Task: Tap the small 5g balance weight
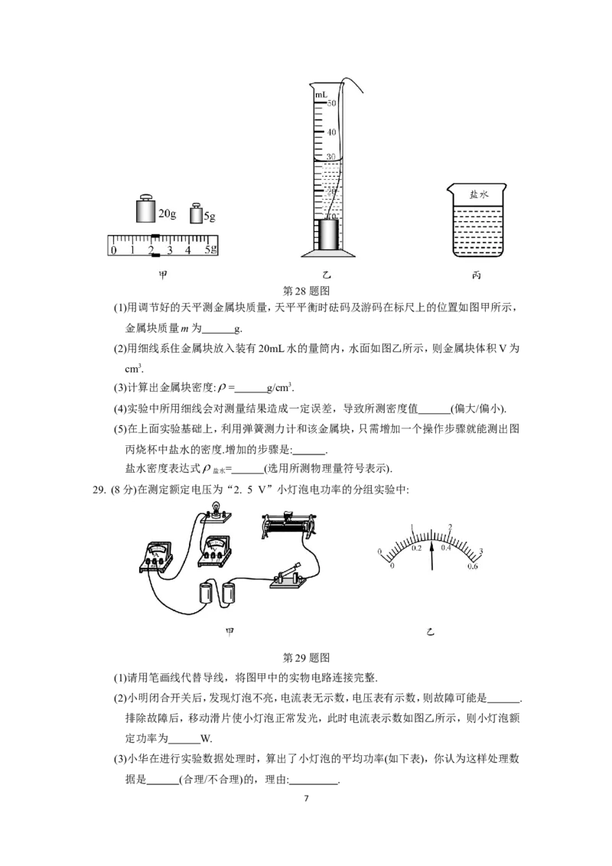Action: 196,213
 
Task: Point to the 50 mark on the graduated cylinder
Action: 330,103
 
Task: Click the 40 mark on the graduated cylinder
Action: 330,132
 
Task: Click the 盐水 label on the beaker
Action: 478,194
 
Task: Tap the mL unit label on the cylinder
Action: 321,95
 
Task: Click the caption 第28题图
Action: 306,291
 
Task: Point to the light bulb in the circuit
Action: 216,512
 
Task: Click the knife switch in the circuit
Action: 287,576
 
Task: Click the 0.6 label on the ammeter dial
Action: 472,566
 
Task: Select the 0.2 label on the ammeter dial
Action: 416,548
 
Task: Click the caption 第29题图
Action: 306,657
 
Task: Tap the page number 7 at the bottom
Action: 306,798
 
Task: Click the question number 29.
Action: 99,490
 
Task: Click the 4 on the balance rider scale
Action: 187,250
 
